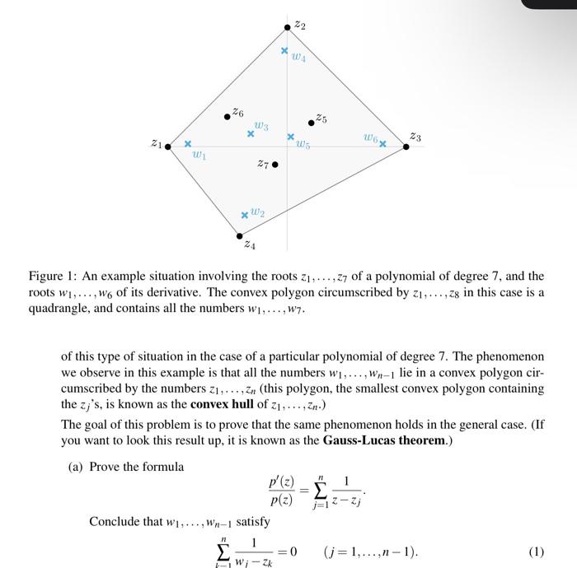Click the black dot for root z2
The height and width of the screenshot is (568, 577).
coord(288,27)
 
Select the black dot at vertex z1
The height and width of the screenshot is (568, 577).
coord(168,147)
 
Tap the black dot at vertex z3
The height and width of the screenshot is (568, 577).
coord(406,147)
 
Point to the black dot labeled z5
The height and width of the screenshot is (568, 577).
coord(311,123)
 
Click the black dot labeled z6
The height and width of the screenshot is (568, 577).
coord(228,117)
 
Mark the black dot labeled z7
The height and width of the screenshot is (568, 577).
coord(275,165)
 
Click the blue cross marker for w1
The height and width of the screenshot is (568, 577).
coord(187,143)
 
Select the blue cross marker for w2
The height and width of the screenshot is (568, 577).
coord(244,216)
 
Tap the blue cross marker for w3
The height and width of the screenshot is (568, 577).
coord(251,133)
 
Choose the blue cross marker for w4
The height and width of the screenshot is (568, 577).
coord(284,51)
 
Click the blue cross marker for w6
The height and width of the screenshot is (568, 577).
coord(382,144)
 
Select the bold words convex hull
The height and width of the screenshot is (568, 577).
coord(224,405)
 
